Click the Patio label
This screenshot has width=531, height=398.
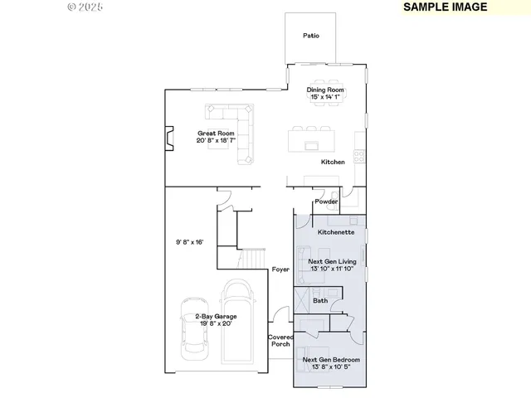311,36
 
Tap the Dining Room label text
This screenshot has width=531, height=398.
325,90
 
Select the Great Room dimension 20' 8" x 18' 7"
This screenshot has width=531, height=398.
216,141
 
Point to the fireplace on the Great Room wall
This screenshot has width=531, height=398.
169,138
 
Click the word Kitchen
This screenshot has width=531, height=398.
333,162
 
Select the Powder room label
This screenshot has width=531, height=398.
325,201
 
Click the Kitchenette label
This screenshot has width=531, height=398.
336,233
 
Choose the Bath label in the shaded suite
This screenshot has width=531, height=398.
320,300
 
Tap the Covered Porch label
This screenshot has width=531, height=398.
280,341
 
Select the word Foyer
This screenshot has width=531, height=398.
280,270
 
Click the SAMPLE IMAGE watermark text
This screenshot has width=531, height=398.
445,7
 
